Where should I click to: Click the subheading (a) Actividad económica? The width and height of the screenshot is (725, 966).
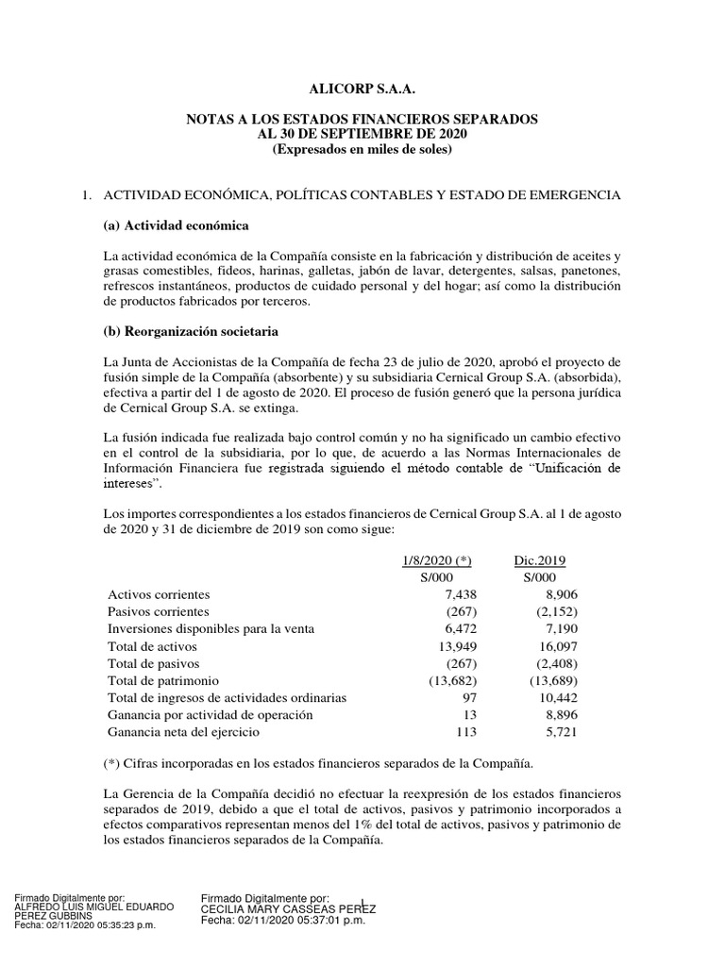click(x=176, y=227)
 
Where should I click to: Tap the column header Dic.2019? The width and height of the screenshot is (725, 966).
click(x=540, y=560)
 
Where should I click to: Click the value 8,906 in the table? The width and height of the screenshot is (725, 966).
click(x=559, y=595)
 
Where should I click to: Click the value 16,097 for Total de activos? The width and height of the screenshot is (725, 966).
click(x=555, y=646)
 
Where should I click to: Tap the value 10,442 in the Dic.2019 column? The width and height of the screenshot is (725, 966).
click(x=555, y=697)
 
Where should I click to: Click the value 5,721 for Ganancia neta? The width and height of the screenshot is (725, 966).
click(x=559, y=731)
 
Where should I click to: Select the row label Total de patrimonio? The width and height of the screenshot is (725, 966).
click(x=164, y=680)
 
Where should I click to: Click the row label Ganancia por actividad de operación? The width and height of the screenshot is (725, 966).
click(x=216, y=714)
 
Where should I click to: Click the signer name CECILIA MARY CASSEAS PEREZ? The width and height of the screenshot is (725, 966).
click(x=290, y=909)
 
